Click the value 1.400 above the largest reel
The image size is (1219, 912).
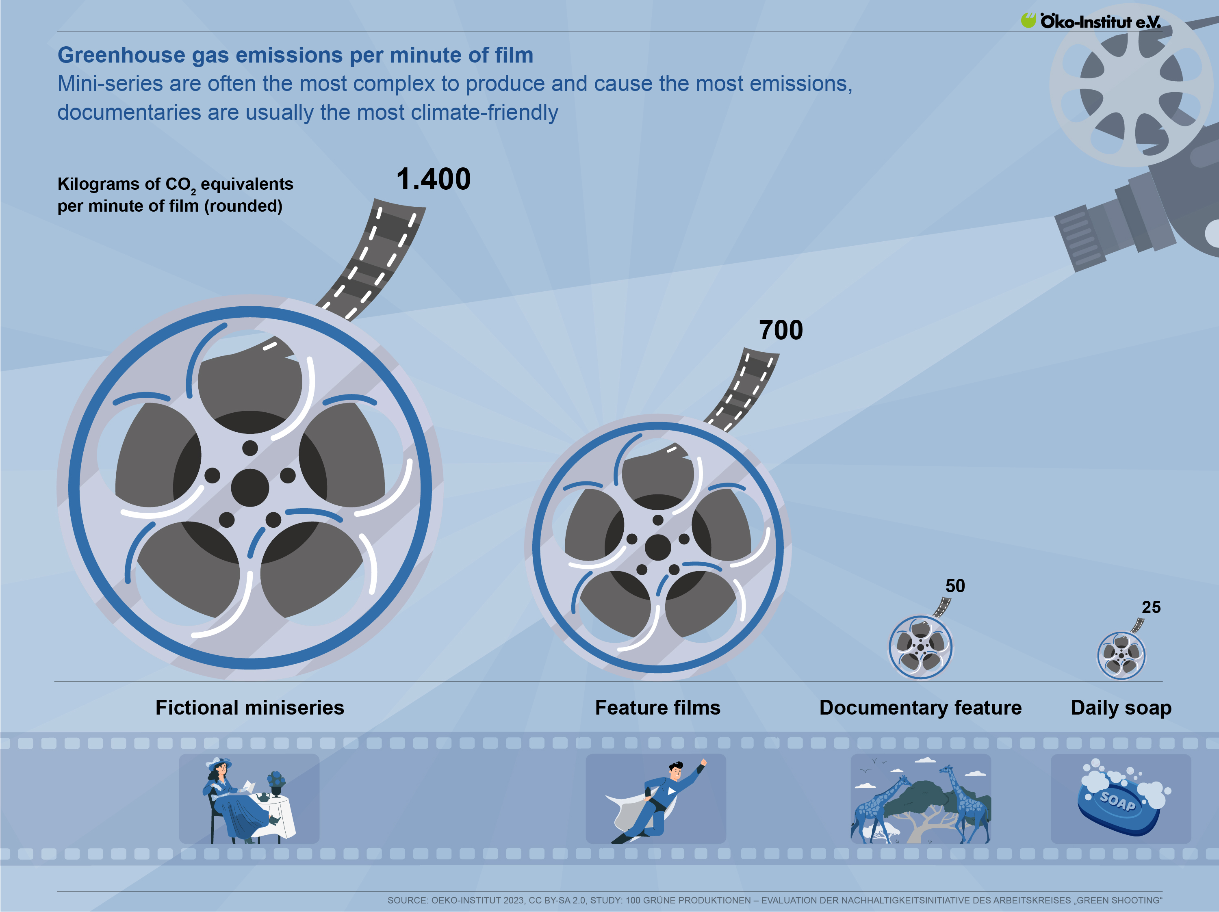pos(433,180)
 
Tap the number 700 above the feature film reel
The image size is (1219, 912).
pos(781,331)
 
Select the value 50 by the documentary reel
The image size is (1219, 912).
pos(955,586)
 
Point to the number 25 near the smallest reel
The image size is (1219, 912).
pos(1151,607)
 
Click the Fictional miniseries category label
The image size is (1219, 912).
pos(249,708)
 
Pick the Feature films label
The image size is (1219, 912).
pos(657,708)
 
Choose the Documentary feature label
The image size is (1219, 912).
pos(920,708)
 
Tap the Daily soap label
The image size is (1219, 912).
pos(1121,708)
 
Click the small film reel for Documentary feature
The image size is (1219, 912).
pos(920,648)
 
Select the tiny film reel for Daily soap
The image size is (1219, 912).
pos(1121,655)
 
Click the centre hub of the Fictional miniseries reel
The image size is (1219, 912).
pos(249,487)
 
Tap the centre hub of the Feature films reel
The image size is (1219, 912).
pos(657,547)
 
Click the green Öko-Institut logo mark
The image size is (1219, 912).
pos(1028,20)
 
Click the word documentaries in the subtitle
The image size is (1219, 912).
pos(129,113)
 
